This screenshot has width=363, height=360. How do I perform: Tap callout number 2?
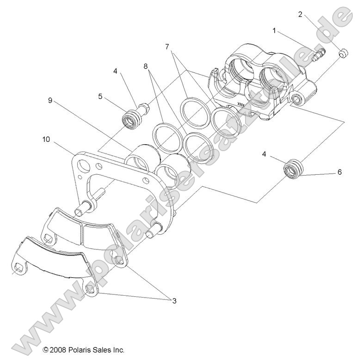[x=300, y=14]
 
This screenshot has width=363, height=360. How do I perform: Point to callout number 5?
[x=99, y=96]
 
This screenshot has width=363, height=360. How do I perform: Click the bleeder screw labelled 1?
[x=318, y=54]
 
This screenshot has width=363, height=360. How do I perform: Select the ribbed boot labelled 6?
[x=294, y=168]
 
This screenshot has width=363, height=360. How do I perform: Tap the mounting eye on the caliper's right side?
[x=297, y=98]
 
